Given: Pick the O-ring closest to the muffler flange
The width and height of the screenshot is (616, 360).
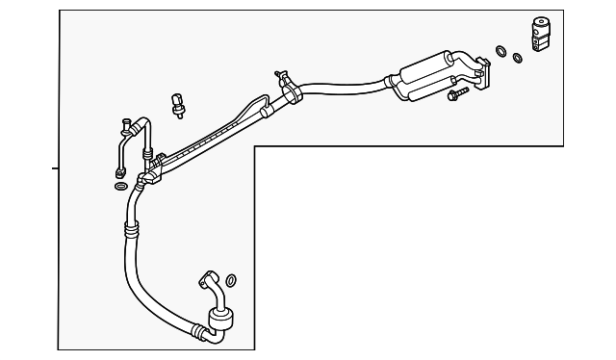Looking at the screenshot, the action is coord(500,51).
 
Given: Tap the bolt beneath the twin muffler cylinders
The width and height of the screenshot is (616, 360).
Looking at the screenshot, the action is coord(455,95).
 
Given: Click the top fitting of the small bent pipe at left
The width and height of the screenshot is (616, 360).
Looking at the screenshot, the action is coord(127,122).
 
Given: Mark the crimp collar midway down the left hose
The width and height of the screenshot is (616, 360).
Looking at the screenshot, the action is coord(131,229).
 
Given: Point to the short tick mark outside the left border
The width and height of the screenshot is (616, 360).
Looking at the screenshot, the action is coord(55,167).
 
